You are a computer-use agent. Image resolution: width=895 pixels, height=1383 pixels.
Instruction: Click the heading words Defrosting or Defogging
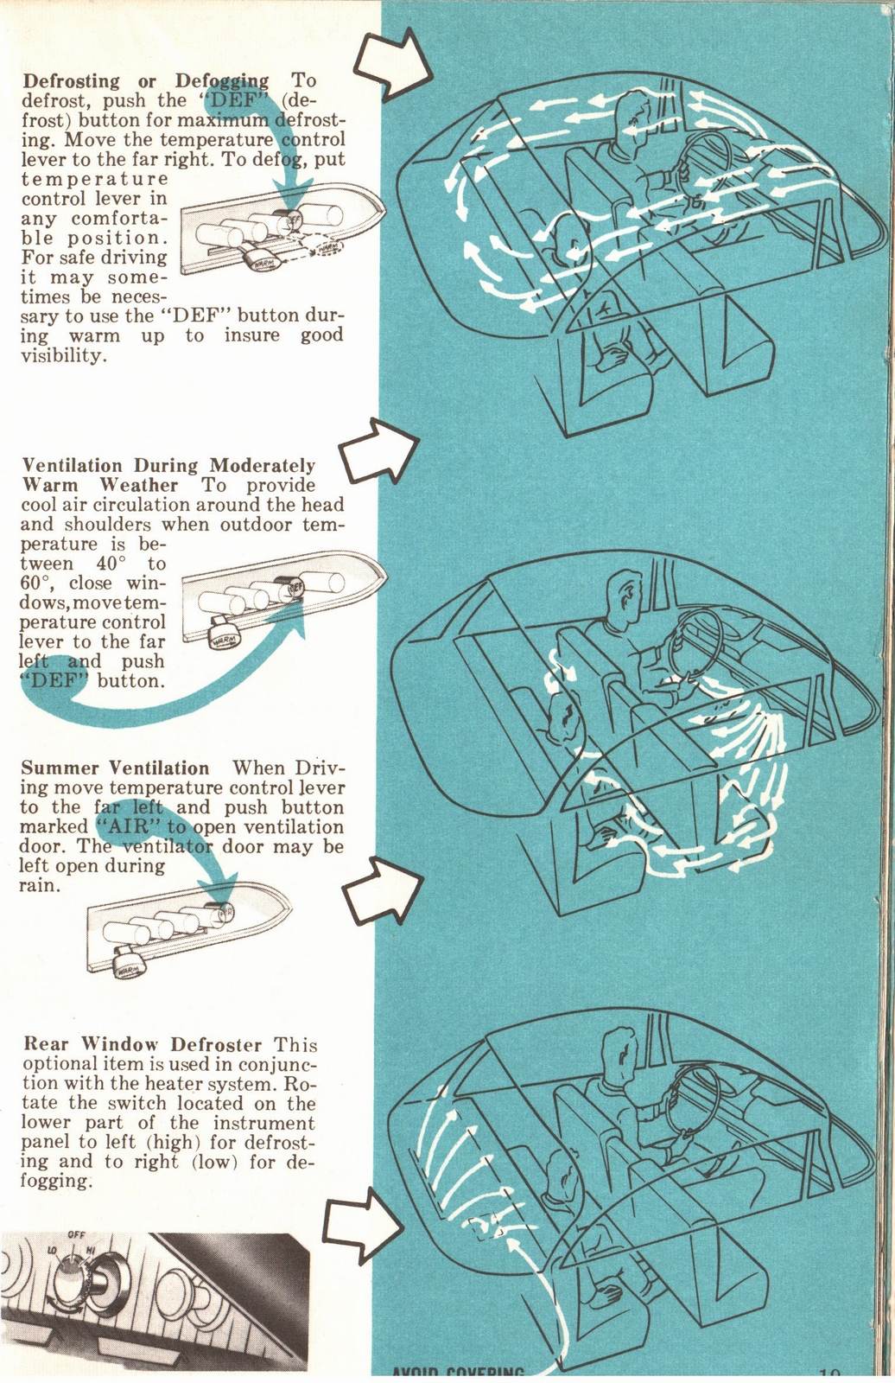point(145,81)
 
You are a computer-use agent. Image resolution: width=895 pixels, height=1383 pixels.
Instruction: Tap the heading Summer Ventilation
point(115,768)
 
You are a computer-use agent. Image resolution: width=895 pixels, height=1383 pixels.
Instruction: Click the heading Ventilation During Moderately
point(168,466)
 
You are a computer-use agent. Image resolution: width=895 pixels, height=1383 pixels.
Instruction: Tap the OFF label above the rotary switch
point(76,1235)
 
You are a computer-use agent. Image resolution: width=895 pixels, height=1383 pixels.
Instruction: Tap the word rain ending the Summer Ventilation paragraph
point(39,886)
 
